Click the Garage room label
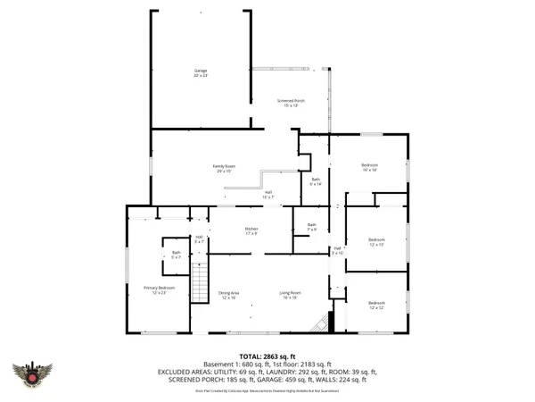click(x=201, y=72)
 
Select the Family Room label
click(x=224, y=169)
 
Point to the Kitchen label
click(x=251, y=231)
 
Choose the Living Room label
click(x=290, y=296)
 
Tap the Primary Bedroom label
click(x=160, y=289)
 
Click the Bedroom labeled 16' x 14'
click(x=370, y=167)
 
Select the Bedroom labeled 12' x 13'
click(x=376, y=241)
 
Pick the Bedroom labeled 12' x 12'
click(x=376, y=306)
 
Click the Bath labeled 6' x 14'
click(x=316, y=182)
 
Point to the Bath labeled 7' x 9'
click(x=312, y=227)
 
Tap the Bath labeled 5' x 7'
click(x=177, y=255)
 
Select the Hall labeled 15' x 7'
click(x=267, y=194)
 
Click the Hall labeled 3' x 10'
click(x=337, y=251)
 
